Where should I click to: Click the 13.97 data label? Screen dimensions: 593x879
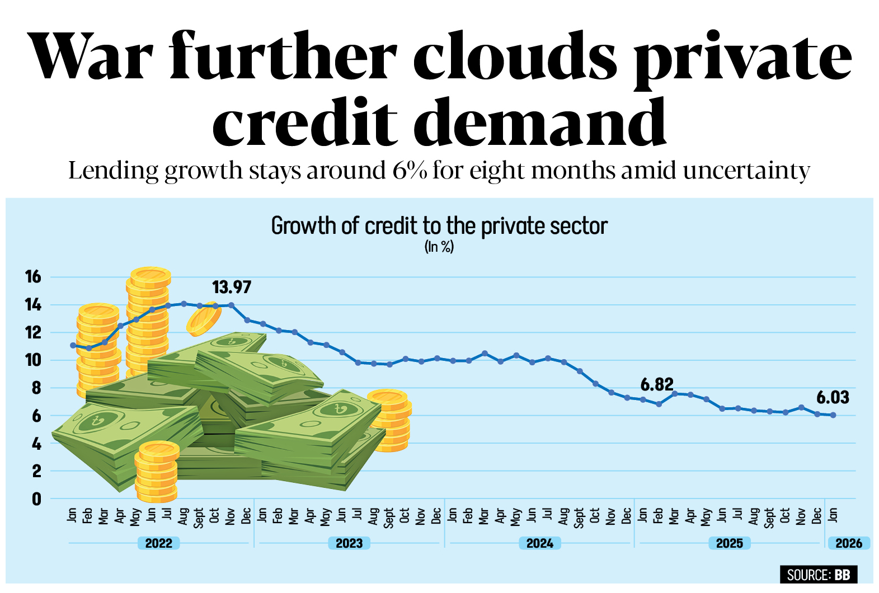(x=232, y=288)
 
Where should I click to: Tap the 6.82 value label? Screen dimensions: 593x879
(x=657, y=385)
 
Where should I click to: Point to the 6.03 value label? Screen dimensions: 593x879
(x=833, y=398)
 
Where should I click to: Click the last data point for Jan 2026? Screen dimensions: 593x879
(x=834, y=415)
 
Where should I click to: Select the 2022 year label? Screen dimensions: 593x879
(x=159, y=543)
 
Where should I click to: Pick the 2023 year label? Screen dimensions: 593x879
(x=349, y=543)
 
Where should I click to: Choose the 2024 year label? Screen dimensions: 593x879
(x=540, y=543)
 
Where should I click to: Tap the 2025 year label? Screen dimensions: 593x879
(x=730, y=543)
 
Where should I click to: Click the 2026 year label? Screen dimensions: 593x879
(x=849, y=543)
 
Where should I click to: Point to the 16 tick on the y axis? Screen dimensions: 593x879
(x=33, y=276)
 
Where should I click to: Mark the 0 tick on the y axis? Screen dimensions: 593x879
(x=36, y=499)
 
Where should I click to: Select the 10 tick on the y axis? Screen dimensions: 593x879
(x=33, y=360)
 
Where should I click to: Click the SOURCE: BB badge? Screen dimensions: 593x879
(x=818, y=575)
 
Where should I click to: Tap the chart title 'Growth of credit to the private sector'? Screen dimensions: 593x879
(x=439, y=227)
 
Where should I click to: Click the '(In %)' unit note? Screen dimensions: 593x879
(x=439, y=247)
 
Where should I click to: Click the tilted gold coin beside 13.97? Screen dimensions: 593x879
(x=203, y=319)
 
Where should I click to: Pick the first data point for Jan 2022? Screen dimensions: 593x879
(x=73, y=345)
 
